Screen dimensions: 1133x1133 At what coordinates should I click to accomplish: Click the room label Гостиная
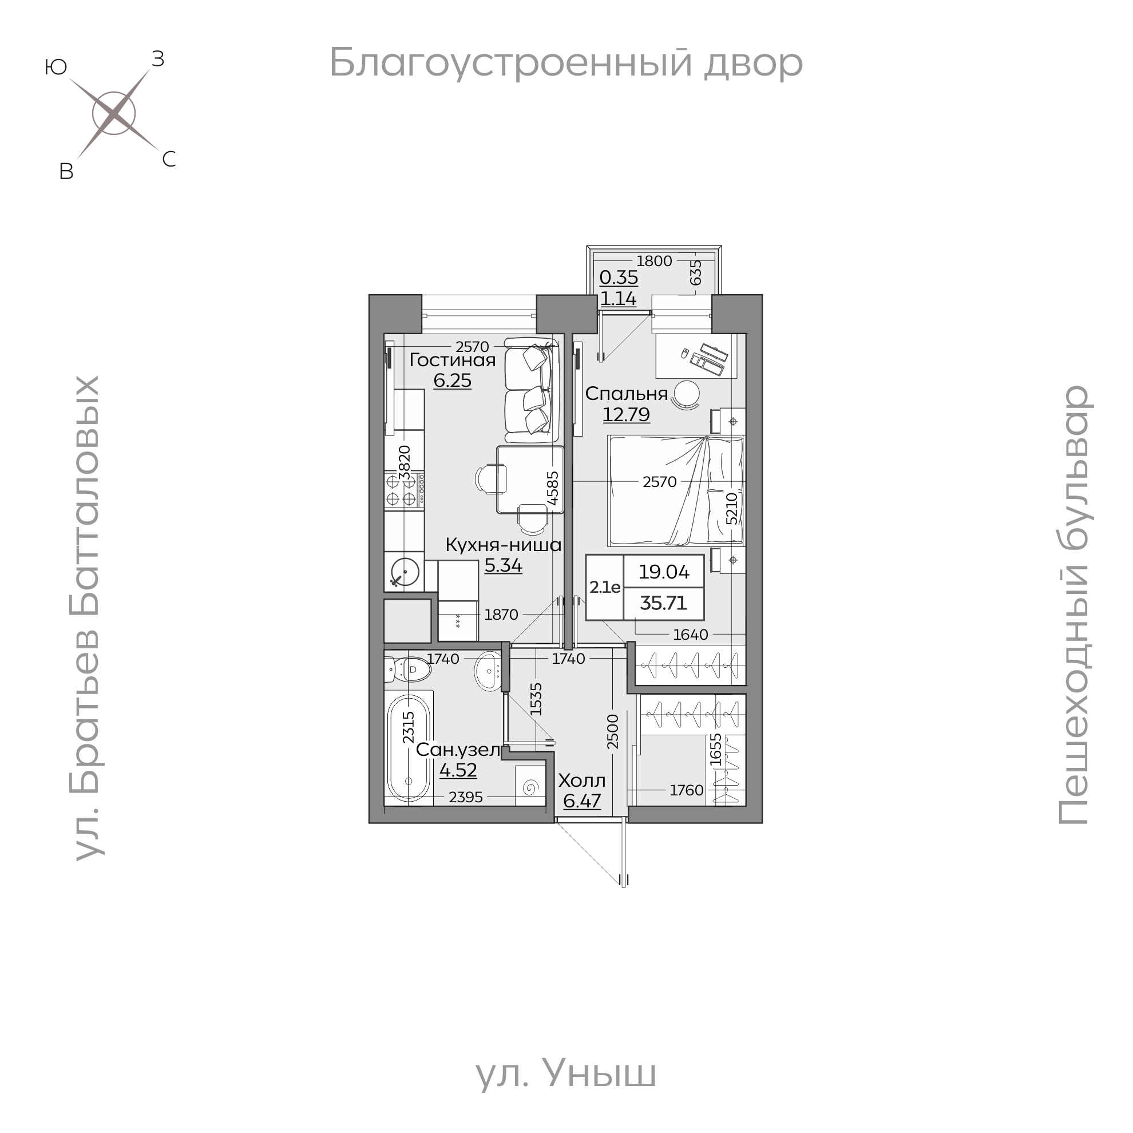pyautogui.click(x=452, y=360)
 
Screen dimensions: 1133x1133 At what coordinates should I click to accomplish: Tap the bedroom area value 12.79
pyautogui.click(x=627, y=415)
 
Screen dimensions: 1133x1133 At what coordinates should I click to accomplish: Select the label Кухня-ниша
pyautogui.click(x=503, y=545)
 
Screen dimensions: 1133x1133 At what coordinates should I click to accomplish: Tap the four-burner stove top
pyautogui.click(x=405, y=491)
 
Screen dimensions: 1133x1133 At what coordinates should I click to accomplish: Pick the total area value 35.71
pyautogui.click(x=663, y=604)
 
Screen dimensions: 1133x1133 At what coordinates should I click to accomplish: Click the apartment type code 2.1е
pyautogui.click(x=605, y=587)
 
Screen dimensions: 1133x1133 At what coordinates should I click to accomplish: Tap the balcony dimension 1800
pyautogui.click(x=654, y=261)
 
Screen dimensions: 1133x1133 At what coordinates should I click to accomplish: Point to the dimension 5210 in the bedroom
pyautogui.click(x=731, y=509)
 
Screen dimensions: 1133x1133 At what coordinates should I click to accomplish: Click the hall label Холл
pyautogui.click(x=582, y=781)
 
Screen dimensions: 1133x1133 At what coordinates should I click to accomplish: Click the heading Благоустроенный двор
pyautogui.click(x=566, y=62)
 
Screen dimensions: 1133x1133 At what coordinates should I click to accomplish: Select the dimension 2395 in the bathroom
pyautogui.click(x=465, y=797)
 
